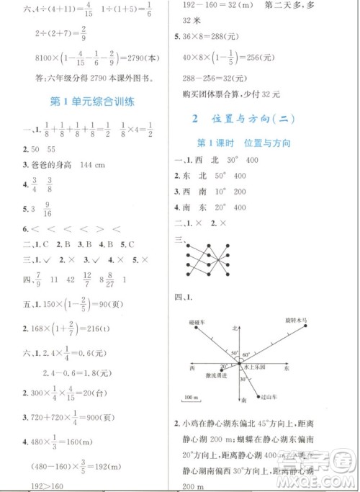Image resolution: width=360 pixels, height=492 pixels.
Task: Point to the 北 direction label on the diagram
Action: click(x=235, y=327)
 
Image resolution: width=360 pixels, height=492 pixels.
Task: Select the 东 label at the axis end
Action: click(x=286, y=367)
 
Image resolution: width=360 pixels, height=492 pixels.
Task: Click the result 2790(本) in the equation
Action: click(x=146, y=58)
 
